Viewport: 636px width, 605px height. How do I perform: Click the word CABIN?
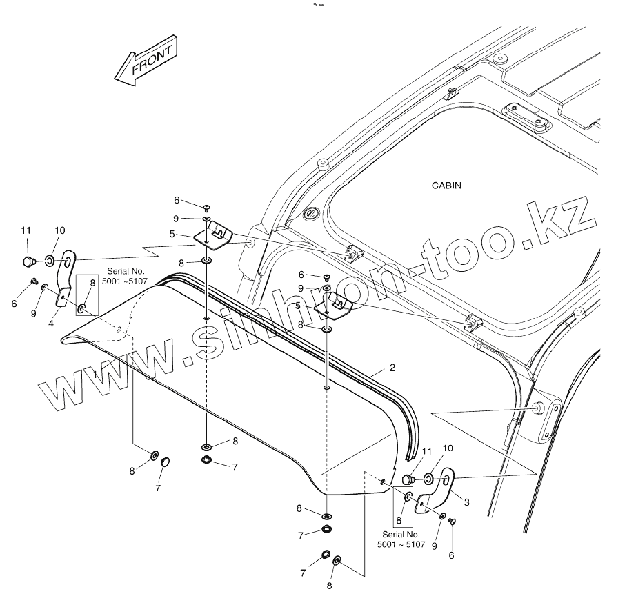click(446, 186)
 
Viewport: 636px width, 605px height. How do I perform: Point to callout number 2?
click(392, 368)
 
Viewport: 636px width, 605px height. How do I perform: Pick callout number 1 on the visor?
click(95, 373)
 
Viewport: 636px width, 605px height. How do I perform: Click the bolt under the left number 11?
click(28, 261)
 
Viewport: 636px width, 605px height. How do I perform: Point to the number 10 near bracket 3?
click(448, 448)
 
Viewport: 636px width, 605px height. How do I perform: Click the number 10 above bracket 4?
click(59, 230)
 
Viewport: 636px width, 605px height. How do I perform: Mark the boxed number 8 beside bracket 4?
click(92, 283)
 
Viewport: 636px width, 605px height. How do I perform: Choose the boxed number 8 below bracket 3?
click(398, 520)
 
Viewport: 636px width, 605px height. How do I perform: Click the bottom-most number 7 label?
click(302, 573)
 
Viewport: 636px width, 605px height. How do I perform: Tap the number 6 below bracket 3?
click(452, 555)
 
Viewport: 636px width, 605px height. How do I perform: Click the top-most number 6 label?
click(177, 200)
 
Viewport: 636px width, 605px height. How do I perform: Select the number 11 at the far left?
click(26, 230)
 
